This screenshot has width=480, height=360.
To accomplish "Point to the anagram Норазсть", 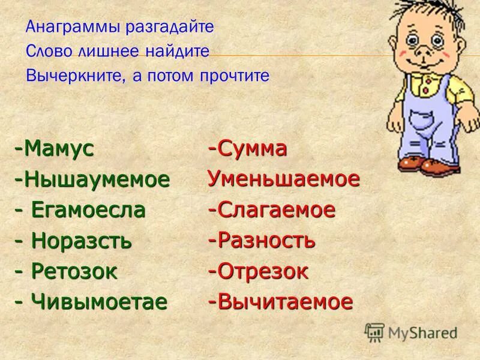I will (81, 241).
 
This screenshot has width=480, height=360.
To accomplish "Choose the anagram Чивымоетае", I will (98, 302).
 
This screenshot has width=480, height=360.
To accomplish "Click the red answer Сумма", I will (252, 149).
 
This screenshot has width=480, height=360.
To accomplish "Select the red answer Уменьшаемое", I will (283, 179).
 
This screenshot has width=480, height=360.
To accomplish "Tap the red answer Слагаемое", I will (276, 210).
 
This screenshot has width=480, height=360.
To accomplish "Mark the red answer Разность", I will (266, 241).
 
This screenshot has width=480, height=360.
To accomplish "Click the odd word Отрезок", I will (263, 271).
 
